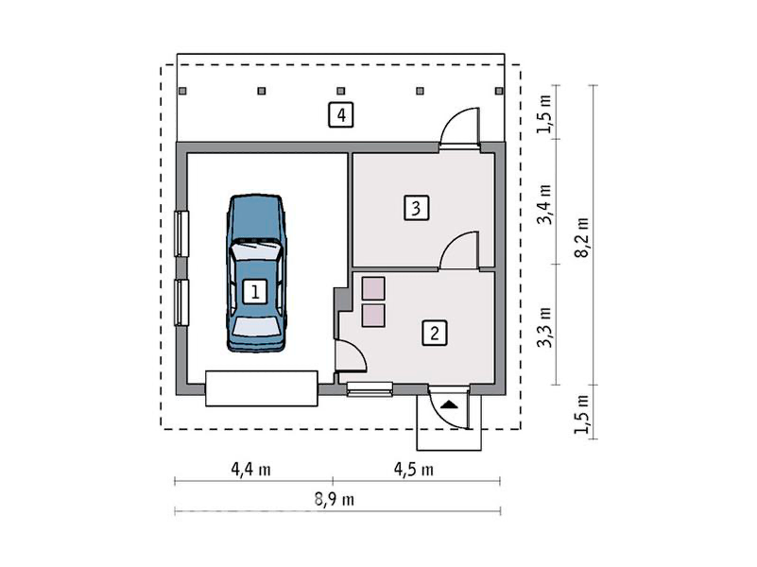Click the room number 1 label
(x=255, y=291)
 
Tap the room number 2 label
(x=435, y=333)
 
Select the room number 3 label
(x=416, y=208)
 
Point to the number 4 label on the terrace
(x=341, y=115)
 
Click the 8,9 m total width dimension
(x=335, y=499)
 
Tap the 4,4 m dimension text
(x=251, y=469)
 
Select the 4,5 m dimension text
(x=414, y=469)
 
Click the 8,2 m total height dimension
(x=582, y=237)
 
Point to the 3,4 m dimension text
(x=544, y=205)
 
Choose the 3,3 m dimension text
(x=544, y=328)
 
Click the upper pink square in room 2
(x=373, y=288)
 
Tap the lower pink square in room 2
(x=373, y=316)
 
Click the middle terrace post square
(x=341, y=91)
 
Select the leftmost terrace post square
(x=182, y=91)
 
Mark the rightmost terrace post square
(x=499, y=91)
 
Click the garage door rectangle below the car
(x=262, y=388)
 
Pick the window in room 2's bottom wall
(x=370, y=389)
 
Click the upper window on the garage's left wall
(x=181, y=233)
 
